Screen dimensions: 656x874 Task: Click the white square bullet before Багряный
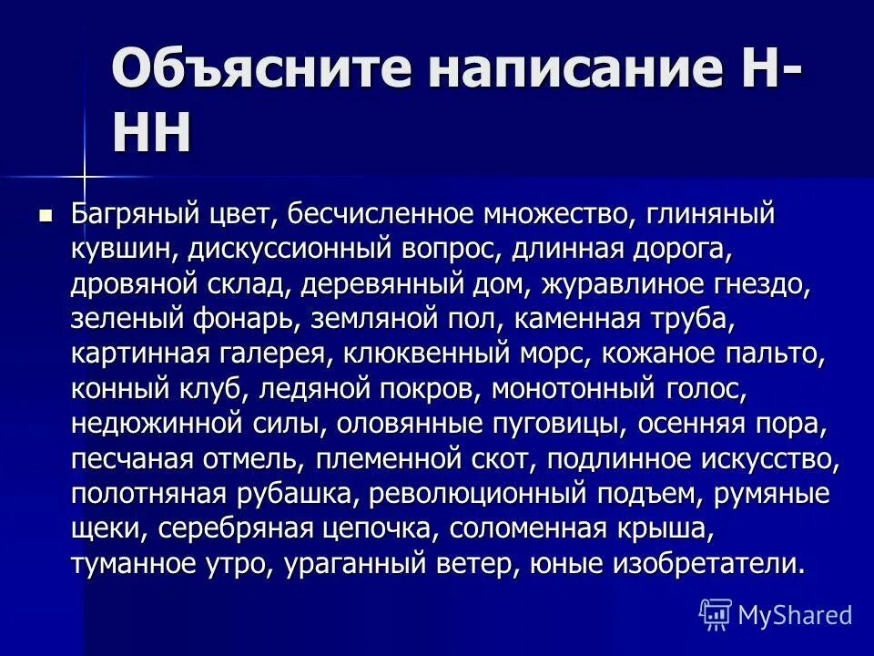pyautogui.click(x=46, y=216)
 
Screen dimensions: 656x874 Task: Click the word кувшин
pyautogui.click(x=117, y=250)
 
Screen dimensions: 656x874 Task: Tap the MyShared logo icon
pyautogui.click(x=716, y=614)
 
